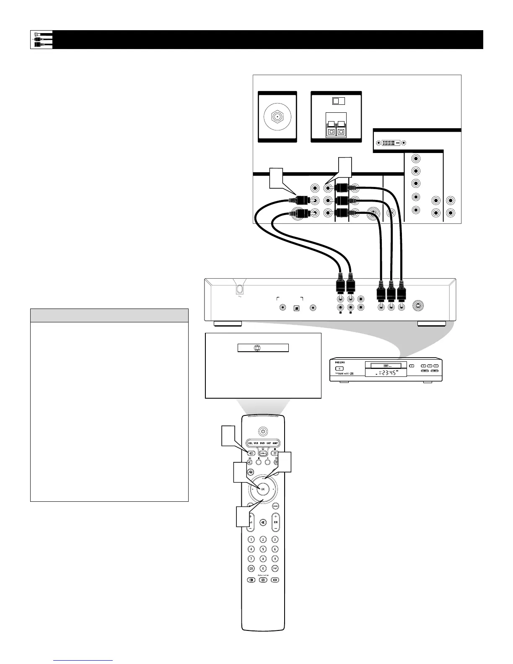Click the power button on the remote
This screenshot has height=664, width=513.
click(263, 431)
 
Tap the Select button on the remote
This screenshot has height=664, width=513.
click(263, 453)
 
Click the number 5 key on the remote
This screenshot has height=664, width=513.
click(263, 549)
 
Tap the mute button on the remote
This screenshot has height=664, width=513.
click(263, 522)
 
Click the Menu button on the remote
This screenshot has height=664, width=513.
click(276, 506)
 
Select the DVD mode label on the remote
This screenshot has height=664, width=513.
click(262, 443)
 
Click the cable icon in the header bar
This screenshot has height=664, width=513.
click(41, 39)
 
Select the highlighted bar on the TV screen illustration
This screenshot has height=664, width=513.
click(263, 348)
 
